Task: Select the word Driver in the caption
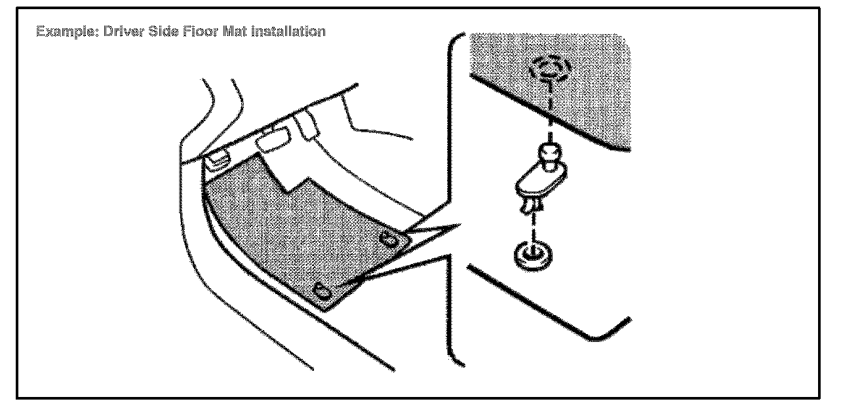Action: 121,31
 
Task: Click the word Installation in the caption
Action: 288,31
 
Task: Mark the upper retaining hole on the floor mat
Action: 390,240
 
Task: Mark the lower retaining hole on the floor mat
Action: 323,291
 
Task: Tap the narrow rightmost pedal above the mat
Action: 308,126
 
